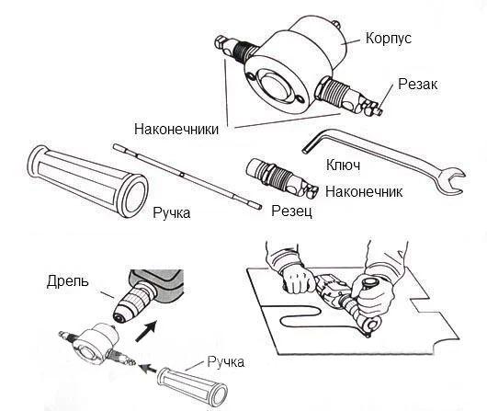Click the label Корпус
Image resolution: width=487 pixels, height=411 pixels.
click(389, 39)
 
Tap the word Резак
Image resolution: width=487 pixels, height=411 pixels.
click(418, 84)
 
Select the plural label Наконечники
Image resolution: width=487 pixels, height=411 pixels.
click(176, 129)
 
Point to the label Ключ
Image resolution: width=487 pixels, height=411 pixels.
click(343, 165)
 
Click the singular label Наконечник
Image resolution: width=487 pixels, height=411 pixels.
click(364, 191)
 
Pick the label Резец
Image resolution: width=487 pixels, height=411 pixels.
click(291, 211)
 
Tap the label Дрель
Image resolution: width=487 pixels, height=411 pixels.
click(68, 281)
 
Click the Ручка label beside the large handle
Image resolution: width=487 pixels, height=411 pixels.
click(172, 213)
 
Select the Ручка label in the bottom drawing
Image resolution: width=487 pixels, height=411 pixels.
click(225, 362)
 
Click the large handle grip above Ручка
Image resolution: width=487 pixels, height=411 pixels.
click(87, 181)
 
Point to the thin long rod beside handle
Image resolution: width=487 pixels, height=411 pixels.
click(187, 177)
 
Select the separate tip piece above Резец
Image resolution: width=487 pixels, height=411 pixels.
click(281, 178)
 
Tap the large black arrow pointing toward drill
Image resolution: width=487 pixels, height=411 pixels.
click(146, 331)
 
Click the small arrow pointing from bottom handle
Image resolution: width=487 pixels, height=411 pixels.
click(147, 369)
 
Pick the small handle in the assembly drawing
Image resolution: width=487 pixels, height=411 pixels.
click(193, 386)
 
